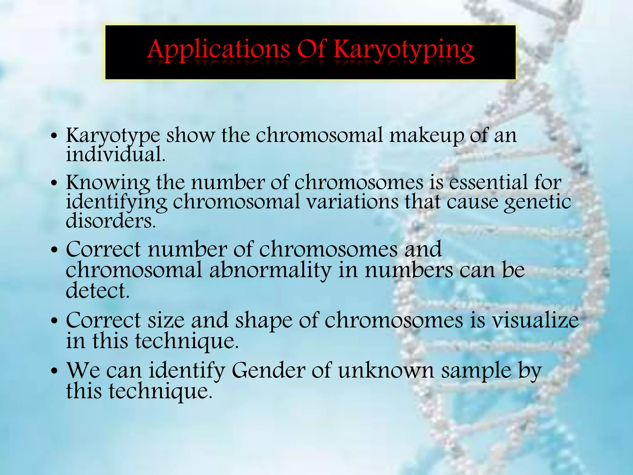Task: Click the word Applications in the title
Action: click(x=218, y=49)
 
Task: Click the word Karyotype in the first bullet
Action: click(x=113, y=136)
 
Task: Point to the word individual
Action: click(x=116, y=155)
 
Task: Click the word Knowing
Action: click(x=108, y=183)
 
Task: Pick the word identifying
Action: click(x=117, y=203)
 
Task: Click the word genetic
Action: click(x=537, y=203)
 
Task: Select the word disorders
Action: click(x=111, y=221)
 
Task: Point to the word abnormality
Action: click(x=270, y=271)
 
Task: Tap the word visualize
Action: click(x=535, y=320)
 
